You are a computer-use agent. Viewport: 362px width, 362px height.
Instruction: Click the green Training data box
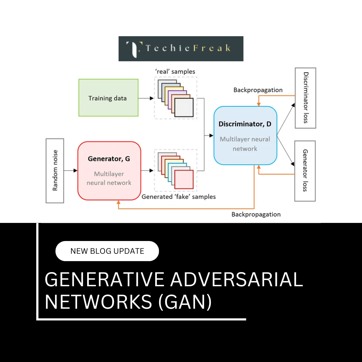(108, 98)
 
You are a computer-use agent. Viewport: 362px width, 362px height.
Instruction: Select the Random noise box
(55, 171)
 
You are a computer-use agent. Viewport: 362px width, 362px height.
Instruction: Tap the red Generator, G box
(109, 171)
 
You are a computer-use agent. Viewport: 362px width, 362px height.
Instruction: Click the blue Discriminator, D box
(245, 135)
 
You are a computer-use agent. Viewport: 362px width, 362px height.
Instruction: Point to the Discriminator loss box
(305, 98)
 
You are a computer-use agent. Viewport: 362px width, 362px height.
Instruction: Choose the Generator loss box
(305, 171)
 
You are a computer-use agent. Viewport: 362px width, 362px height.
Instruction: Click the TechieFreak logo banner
(181, 49)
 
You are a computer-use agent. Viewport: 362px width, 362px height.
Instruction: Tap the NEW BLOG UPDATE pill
(107, 251)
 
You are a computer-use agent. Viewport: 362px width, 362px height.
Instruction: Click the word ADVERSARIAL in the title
(236, 280)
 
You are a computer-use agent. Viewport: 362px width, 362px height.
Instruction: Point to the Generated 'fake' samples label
(178, 197)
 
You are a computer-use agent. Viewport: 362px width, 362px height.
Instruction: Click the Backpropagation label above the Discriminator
(258, 90)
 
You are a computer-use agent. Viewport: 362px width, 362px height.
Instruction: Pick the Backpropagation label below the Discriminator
(256, 215)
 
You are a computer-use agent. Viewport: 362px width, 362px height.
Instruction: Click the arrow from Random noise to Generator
(70, 171)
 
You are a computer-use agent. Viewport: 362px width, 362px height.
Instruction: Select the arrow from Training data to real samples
(146, 98)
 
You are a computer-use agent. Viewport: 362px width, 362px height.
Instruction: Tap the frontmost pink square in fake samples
(184, 179)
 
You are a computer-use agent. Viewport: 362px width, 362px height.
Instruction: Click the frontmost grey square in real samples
(184, 108)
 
